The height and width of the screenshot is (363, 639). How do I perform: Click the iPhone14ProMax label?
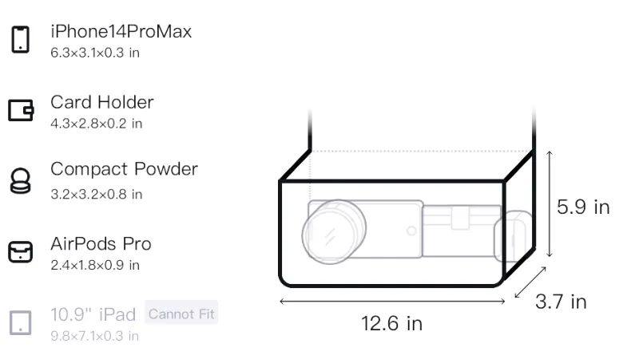click(121, 31)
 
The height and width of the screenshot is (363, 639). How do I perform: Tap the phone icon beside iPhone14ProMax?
click(21, 39)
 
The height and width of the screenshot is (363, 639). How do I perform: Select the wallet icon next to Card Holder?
click(21, 110)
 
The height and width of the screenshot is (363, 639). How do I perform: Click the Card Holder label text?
click(102, 102)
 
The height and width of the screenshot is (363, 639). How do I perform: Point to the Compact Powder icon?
click(21, 180)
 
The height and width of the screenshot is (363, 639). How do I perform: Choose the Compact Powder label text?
click(124, 169)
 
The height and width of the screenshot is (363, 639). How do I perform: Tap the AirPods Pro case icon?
click(21, 251)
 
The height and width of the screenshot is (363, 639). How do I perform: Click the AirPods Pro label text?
click(101, 244)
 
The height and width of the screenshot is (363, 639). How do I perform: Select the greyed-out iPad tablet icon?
click(21, 323)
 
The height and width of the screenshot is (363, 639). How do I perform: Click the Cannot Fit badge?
click(181, 314)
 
